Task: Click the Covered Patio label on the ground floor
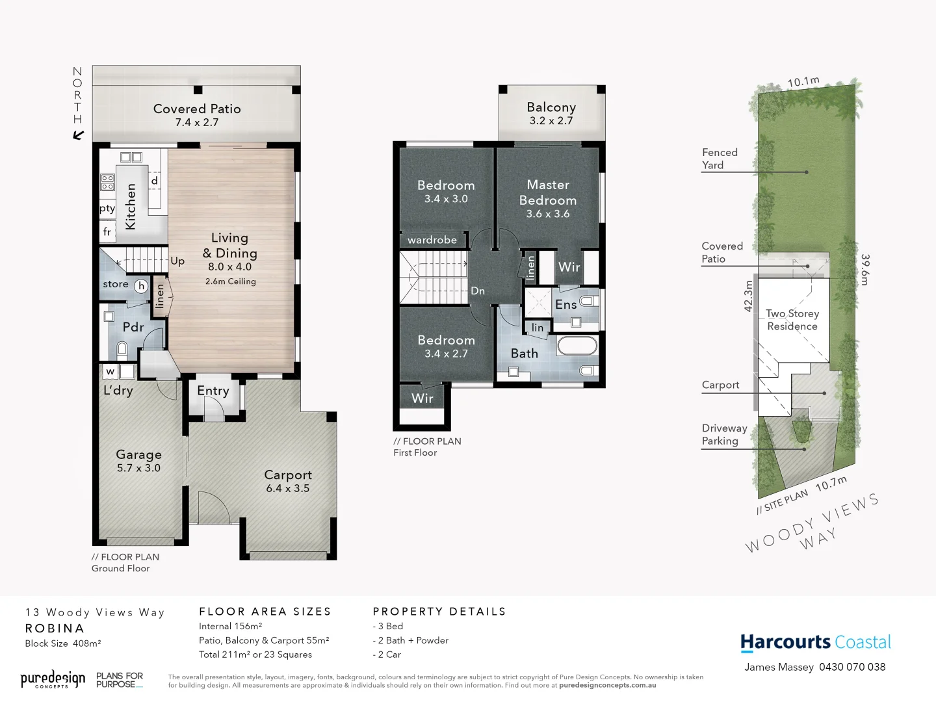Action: point(197,109)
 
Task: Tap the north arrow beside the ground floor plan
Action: point(79,135)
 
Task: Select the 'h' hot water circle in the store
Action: point(141,286)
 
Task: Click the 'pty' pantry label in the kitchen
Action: point(107,209)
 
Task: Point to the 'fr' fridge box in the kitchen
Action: point(107,231)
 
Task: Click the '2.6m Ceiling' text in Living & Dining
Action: point(230,281)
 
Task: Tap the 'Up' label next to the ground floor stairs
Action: point(177,261)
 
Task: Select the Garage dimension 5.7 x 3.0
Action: point(138,468)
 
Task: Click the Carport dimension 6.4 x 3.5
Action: point(287,489)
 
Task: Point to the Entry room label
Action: point(213,391)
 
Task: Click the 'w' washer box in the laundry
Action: point(110,372)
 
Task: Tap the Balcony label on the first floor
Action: point(551,107)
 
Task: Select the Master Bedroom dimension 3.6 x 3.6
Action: point(548,214)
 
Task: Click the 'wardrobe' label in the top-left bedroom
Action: point(432,240)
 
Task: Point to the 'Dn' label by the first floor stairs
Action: point(478,291)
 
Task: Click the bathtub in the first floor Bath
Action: point(577,345)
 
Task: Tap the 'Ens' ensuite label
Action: point(565,304)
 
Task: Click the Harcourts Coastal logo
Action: point(816,643)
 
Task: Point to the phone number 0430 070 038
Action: point(852,667)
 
